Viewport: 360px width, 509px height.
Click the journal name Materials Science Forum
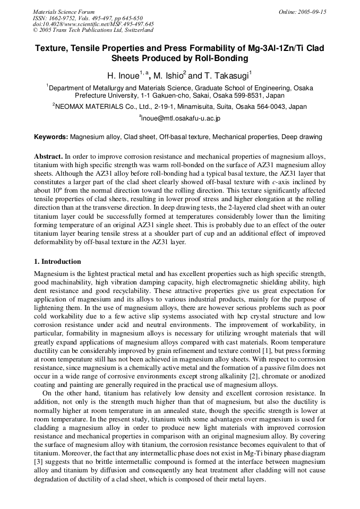pos(64,12)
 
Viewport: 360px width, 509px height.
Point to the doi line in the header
pos(93,24)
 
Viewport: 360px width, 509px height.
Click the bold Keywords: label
pos(51,137)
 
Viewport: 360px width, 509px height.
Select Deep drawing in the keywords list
pos(302,137)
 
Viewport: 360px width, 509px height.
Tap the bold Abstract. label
pos(48,157)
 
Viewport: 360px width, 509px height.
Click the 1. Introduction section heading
pos(57,262)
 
